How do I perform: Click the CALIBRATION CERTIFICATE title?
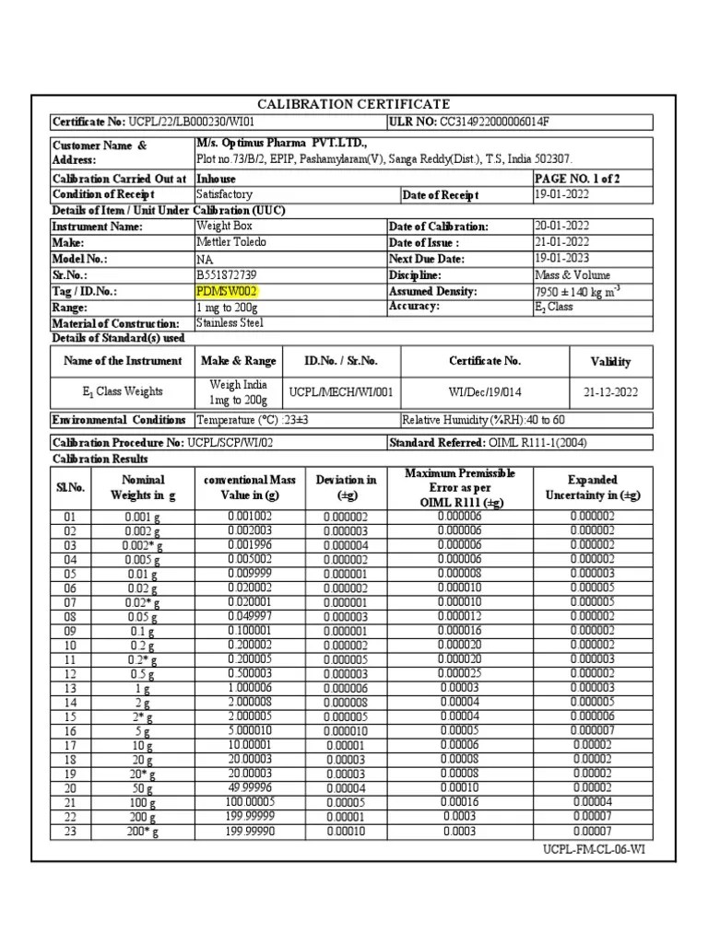pyautogui.click(x=354, y=104)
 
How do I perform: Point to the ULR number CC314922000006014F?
pyautogui.click(x=501, y=122)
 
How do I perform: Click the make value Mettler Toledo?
pyautogui.click(x=231, y=242)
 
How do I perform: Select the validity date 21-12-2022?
pyautogui.click(x=609, y=391)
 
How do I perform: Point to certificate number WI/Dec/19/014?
pyautogui.click(x=485, y=391)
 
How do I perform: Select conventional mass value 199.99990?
pyautogui.click(x=250, y=831)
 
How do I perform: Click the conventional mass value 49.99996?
pyautogui.click(x=250, y=788)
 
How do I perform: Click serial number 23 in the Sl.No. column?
pyautogui.click(x=70, y=832)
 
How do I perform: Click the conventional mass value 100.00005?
pyautogui.click(x=250, y=802)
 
